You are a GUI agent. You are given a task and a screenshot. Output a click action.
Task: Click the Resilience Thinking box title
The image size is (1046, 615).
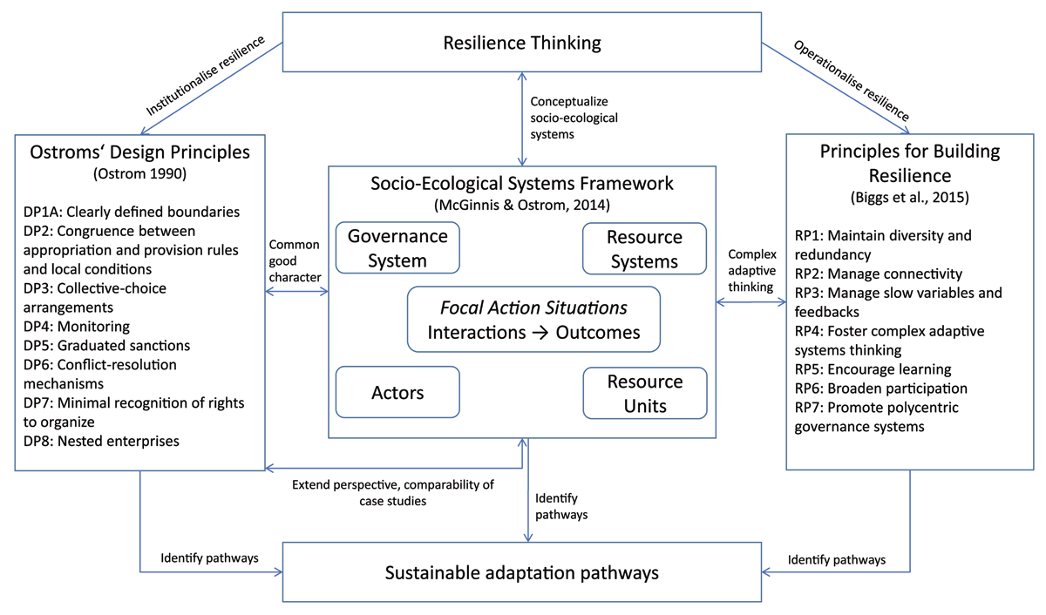tap(522, 43)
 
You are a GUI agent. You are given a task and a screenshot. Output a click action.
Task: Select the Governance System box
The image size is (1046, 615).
tap(397, 248)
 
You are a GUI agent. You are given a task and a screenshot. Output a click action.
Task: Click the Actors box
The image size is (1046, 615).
tap(397, 392)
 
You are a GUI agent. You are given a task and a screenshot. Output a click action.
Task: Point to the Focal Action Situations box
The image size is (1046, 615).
tap(533, 320)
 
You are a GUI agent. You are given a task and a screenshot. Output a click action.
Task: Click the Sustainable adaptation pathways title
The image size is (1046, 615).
tap(522, 572)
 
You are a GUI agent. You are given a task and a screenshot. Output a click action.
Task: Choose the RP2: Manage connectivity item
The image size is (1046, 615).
tap(878, 274)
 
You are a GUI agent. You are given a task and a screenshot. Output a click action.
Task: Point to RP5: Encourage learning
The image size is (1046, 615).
tap(873, 368)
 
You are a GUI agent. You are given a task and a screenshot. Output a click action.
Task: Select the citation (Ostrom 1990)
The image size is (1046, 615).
tap(139, 174)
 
